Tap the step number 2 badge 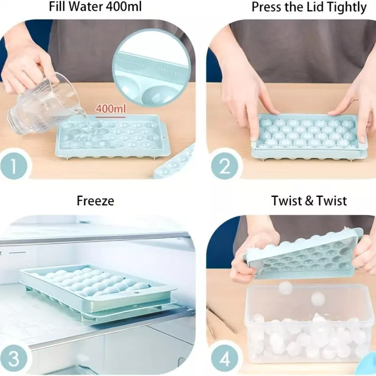(x=225, y=166)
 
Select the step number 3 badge (x=14, y=359)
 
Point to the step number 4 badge (x=225, y=359)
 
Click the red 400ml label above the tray (x=110, y=109)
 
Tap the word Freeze (x=95, y=201)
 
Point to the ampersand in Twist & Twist (x=309, y=201)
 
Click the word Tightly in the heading (x=348, y=8)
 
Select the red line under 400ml (x=110, y=117)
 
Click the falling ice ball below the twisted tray (x=286, y=287)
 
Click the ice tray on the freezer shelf (x=98, y=291)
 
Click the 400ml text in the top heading (x=124, y=7)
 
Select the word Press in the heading (x=266, y=7)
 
